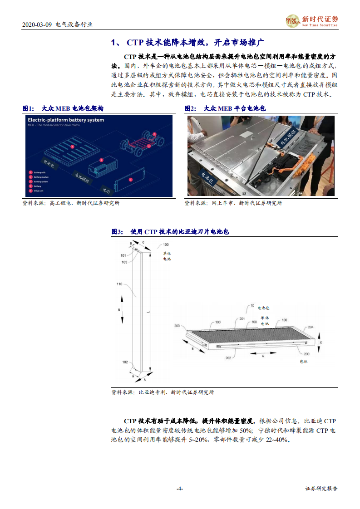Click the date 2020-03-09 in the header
pos(37,24)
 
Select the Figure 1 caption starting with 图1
pos(63,108)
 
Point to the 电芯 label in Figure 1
pos(105,190)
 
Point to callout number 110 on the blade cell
pos(119,284)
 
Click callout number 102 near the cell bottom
pos(125,362)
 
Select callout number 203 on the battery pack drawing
pos(177,326)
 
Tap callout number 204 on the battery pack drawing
pos(311,327)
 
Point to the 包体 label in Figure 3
pos(304,362)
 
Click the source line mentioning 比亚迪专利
pos(163,392)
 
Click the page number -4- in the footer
pos(180,489)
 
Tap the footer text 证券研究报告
pos(321,489)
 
